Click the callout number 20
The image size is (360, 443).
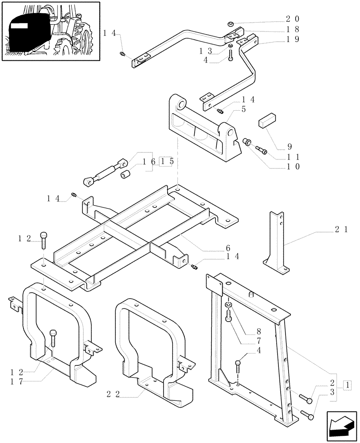[x=293, y=19]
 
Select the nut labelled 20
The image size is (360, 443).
[x=231, y=23]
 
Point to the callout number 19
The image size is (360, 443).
[x=293, y=39]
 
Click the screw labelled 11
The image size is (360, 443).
[x=262, y=152]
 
